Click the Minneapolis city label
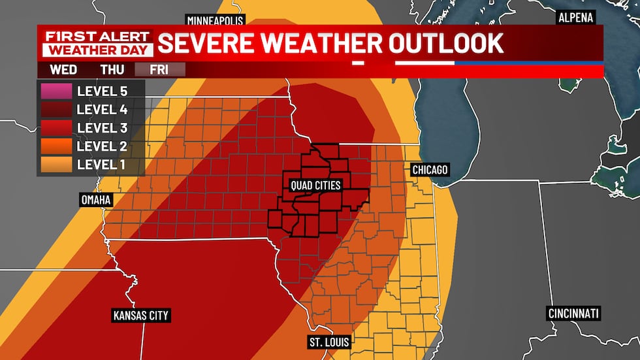[216, 19]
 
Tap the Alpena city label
[575, 18]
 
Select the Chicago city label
[430, 170]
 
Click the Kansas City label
[140, 316]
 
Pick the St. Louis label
[329, 342]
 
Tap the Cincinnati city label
[573, 314]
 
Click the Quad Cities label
[315, 186]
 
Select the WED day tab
[63, 69]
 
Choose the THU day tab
[112, 69]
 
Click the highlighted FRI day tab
[160, 69]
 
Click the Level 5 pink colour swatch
[55, 90]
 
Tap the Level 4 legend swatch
[55, 108]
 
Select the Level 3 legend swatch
[55, 127]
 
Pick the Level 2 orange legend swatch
[55, 145]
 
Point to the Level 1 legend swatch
[55, 164]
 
